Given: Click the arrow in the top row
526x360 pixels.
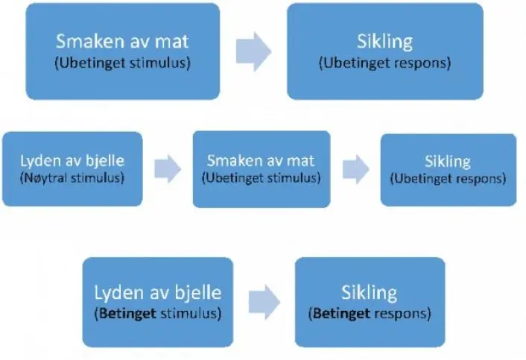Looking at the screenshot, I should coord(253,51).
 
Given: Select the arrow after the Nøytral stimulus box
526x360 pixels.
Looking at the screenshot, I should coord(168,168).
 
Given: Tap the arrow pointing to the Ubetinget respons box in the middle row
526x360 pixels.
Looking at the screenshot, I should coord(355,168).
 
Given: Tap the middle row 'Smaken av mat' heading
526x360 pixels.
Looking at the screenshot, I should coord(261,160).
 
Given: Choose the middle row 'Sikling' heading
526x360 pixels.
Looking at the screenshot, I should coord(448,162).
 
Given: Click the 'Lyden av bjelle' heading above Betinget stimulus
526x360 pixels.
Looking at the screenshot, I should coord(157,293).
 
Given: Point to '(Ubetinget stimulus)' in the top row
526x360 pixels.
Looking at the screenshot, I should coord(122,63).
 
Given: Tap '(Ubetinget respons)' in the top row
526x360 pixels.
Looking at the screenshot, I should coord(385,63).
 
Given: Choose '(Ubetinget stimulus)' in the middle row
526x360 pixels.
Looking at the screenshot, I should coord(261,178).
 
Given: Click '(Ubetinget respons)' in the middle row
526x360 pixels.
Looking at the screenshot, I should coord(448,179).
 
